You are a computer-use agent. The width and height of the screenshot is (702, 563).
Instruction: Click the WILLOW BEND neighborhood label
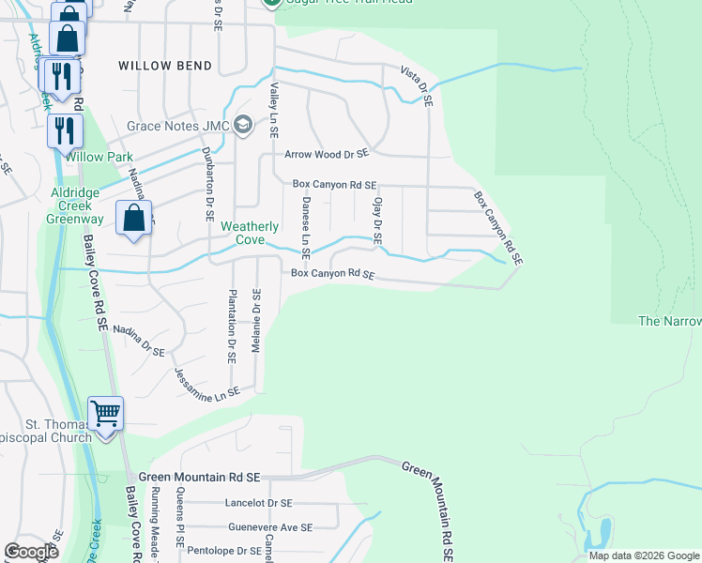[x=165, y=66]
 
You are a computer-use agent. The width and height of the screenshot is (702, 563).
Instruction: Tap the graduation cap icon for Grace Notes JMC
[x=243, y=125]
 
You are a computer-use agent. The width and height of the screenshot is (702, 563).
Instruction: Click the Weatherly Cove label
[x=250, y=233]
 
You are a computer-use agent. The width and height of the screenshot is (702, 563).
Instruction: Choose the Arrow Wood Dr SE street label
[x=321, y=154]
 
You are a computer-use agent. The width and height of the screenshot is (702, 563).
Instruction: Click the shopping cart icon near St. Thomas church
[x=105, y=413]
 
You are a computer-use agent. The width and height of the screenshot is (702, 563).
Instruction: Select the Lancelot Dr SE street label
[x=258, y=503]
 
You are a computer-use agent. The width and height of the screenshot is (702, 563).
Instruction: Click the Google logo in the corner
[x=31, y=552]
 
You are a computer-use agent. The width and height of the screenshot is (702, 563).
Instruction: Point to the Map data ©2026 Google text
[x=644, y=555]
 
